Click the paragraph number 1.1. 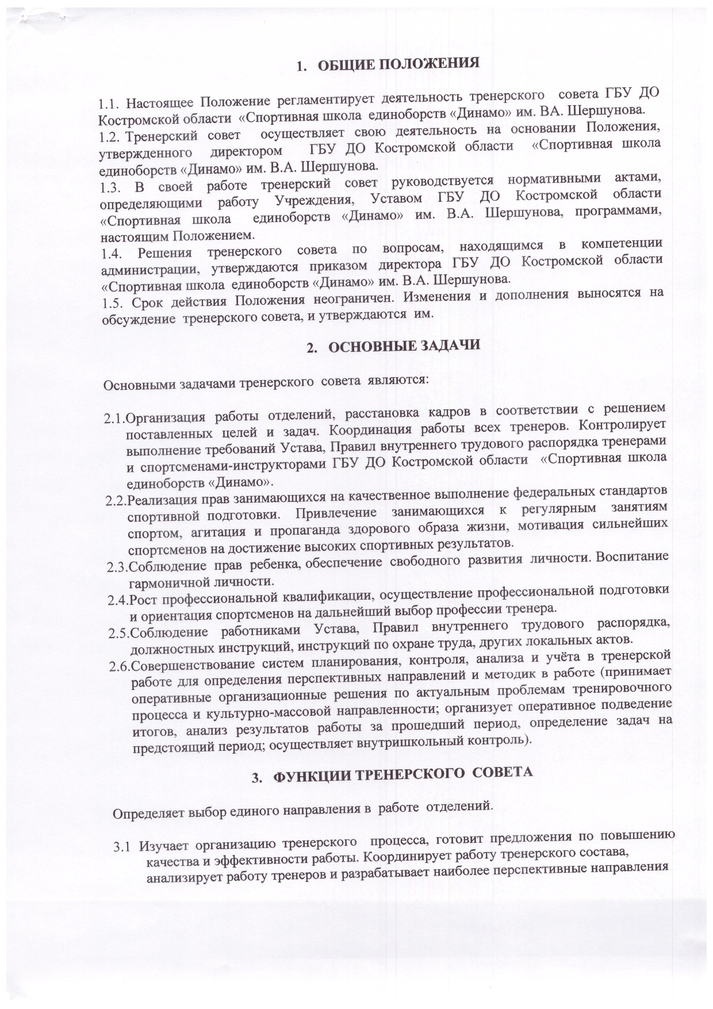coord(110,105)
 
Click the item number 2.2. coord(116,501)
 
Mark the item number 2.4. coord(118,601)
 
